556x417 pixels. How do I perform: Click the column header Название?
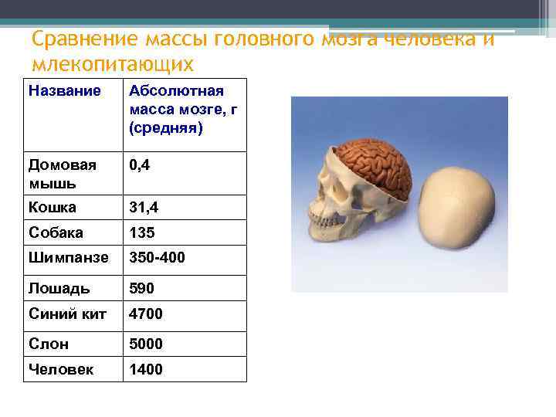click(64, 91)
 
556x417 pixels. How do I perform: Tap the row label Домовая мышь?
click(63, 174)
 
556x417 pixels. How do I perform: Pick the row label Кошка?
click(53, 207)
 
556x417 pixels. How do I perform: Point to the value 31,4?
click(147, 207)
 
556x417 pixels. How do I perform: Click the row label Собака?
click(56, 232)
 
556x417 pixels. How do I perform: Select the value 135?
click(142, 232)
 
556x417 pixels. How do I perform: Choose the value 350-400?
click(158, 258)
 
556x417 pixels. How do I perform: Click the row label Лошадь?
click(59, 288)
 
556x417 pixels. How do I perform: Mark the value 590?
click(142, 288)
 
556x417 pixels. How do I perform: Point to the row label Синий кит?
click(67, 314)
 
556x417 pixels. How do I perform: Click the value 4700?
click(146, 314)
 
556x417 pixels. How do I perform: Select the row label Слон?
click(49, 344)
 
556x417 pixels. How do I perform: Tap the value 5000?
click(146, 344)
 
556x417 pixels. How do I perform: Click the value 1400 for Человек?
click(146, 369)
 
